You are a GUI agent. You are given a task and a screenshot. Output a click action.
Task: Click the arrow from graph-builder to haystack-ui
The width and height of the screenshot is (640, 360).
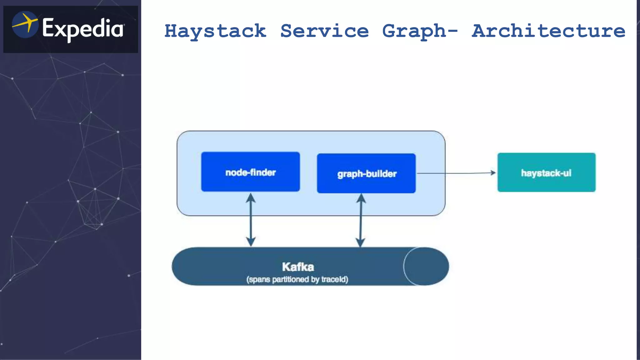click(x=456, y=173)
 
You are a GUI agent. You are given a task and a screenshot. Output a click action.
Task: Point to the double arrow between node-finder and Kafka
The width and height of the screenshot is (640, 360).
click(x=251, y=220)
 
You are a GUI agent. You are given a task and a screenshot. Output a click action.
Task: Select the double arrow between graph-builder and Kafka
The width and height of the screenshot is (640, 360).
click(x=361, y=220)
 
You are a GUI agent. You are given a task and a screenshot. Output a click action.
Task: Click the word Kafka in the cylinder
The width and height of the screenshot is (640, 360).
click(x=298, y=267)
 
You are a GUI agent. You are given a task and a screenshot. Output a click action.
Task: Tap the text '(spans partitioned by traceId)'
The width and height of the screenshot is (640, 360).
click(x=297, y=279)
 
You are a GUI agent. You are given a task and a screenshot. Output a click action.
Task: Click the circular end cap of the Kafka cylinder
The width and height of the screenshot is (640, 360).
click(x=426, y=266)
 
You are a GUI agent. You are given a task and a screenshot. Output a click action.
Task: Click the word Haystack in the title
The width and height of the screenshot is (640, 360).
click(x=215, y=31)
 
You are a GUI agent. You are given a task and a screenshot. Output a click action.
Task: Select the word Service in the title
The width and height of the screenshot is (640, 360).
click(x=324, y=31)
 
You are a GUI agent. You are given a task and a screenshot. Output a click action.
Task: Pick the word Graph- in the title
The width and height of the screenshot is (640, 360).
click(x=420, y=31)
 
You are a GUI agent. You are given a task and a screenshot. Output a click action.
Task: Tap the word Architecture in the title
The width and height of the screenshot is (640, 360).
click(x=548, y=31)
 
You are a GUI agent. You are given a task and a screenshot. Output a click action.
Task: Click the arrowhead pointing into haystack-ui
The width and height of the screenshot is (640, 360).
click(x=493, y=173)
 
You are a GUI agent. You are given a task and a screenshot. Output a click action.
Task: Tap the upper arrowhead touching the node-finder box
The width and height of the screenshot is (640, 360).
click(x=251, y=197)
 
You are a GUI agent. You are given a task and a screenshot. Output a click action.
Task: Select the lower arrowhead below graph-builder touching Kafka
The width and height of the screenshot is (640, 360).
click(x=361, y=242)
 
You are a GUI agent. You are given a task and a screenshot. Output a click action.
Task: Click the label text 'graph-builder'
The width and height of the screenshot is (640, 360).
click(x=367, y=174)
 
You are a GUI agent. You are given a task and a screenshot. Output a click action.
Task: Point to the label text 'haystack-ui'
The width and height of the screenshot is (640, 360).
click(x=546, y=173)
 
